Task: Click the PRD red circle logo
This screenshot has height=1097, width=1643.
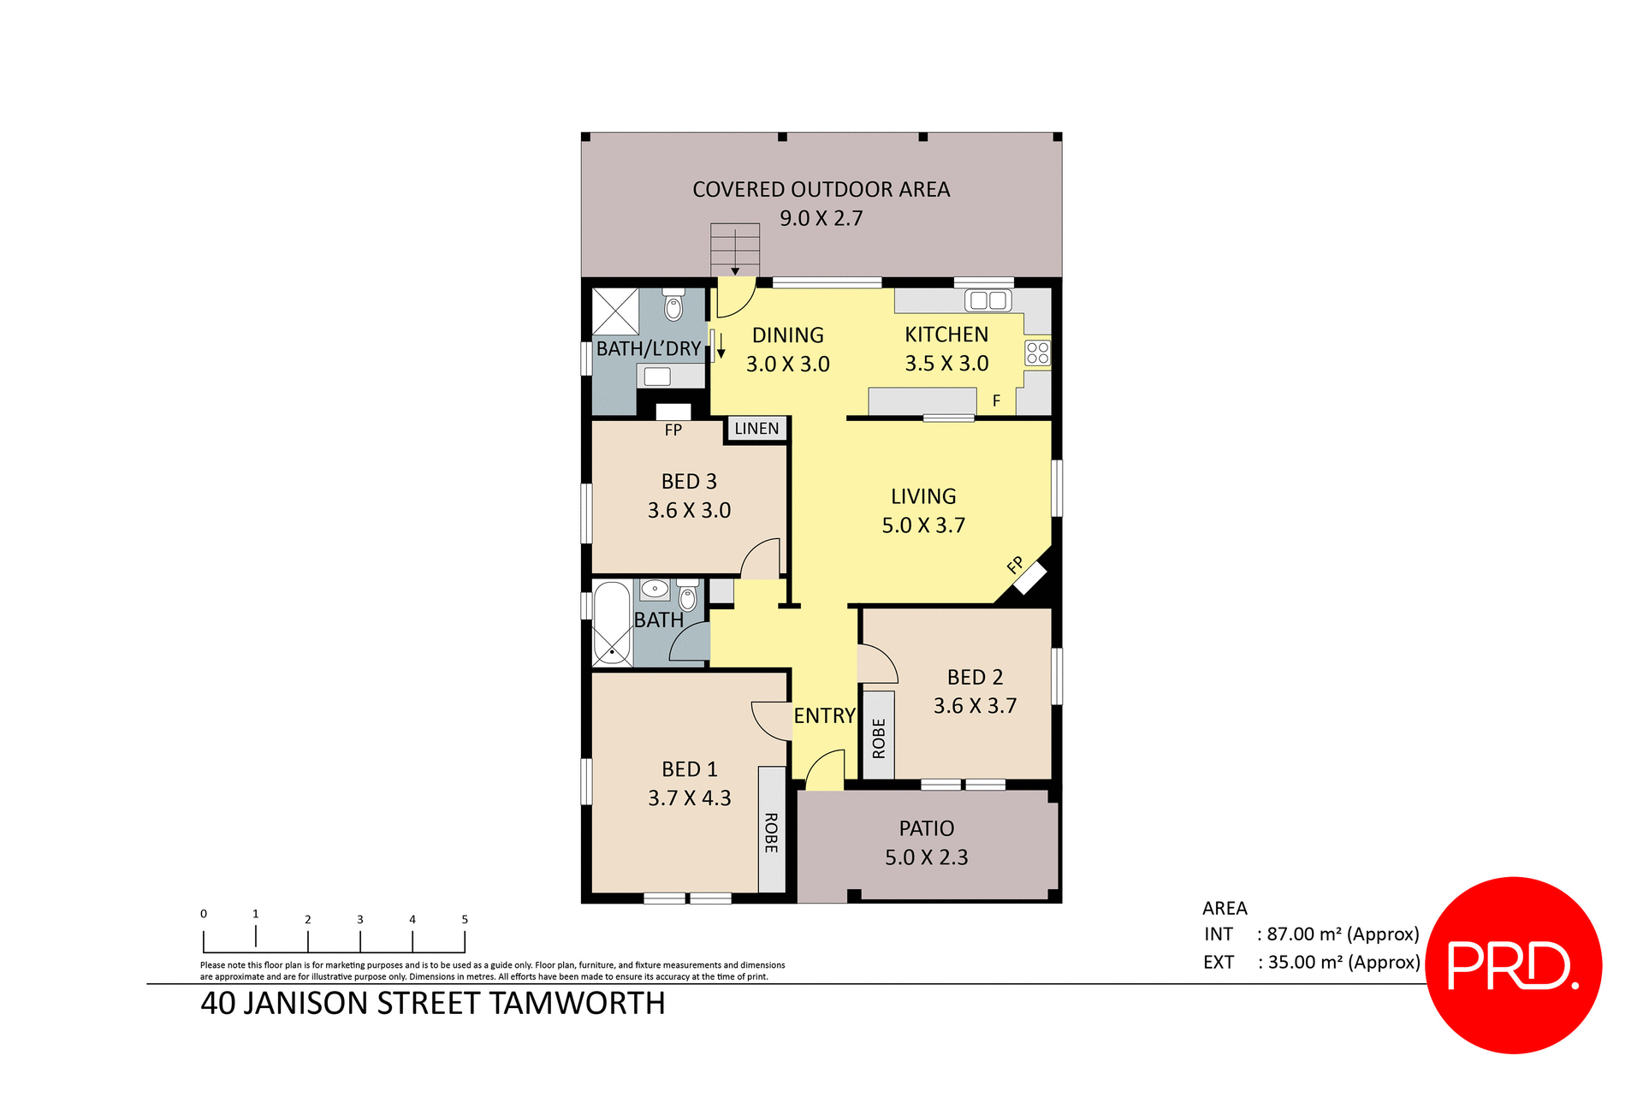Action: pos(1513,964)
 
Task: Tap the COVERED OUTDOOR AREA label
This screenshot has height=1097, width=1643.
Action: pos(821,189)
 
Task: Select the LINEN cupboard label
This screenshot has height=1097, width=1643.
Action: pos(756,429)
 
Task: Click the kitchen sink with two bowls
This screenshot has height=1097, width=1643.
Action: pos(988,300)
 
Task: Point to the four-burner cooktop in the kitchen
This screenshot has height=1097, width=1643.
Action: pos(1037,353)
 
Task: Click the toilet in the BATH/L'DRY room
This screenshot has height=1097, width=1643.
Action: pos(673,305)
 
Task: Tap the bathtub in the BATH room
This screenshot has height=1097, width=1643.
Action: pos(611,622)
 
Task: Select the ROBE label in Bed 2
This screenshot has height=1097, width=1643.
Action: pos(879,738)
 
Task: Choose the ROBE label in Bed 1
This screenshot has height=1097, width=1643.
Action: pos(771,833)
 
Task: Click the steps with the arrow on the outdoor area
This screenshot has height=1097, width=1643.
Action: pos(735,248)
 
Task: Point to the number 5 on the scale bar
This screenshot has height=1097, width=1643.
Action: pos(465,919)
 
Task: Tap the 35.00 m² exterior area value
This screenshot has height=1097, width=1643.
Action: pos(1343,963)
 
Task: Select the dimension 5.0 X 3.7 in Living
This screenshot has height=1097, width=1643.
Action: pos(923,525)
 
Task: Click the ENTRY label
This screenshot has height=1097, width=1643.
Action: pos(824,716)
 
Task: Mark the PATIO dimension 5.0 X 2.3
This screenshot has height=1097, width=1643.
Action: pos(926,857)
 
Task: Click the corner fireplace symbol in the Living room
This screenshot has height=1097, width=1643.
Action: pos(1030,578)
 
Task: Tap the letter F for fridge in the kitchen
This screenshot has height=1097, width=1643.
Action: pos(996,400)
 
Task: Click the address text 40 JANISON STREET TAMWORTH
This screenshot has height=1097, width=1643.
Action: pos(432,1003)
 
